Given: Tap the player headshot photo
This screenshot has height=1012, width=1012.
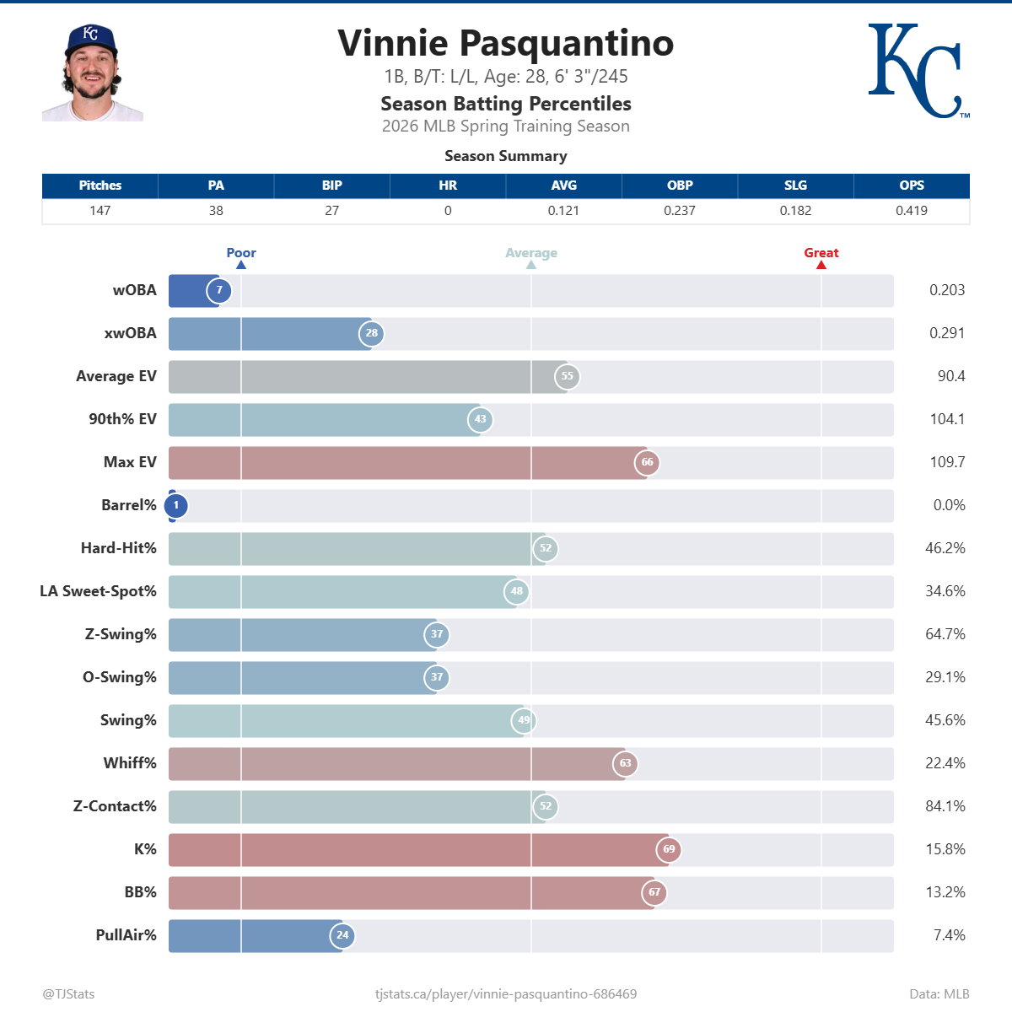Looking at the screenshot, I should (92, 73).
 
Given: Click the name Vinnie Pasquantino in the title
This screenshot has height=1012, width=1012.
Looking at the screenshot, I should (505, 43).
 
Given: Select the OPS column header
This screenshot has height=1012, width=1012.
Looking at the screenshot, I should (911, 186).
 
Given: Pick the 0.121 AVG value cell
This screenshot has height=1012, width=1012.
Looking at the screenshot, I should (563, 211).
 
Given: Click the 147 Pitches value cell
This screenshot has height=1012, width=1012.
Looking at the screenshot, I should (100, 211).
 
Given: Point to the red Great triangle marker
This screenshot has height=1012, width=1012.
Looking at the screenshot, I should (821, 265).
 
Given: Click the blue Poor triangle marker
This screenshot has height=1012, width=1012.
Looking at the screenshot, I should (241, 265).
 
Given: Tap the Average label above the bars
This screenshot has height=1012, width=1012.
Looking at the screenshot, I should (530, 253).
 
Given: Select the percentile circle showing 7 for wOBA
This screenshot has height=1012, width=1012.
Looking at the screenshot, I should (219, 291).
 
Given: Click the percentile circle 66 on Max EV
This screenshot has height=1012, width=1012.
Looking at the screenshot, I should (647, 463).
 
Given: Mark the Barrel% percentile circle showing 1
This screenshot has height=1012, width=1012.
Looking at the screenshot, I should (175, 506).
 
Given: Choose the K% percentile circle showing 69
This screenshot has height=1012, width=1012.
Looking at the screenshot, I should (669, 849).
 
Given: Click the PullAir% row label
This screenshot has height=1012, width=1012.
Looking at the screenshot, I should (126, 935).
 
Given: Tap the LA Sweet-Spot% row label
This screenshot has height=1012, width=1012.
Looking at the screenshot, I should (98, 591).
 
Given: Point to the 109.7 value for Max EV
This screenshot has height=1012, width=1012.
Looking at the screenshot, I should (947, 462).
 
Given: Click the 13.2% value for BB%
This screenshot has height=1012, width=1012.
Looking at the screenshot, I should (945, 892).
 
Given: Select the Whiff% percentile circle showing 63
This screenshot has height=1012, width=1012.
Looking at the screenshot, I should (625, 764).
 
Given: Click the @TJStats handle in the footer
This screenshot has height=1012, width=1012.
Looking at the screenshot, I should (68, 994).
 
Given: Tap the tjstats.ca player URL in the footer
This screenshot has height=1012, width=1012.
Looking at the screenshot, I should (505, 994).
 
